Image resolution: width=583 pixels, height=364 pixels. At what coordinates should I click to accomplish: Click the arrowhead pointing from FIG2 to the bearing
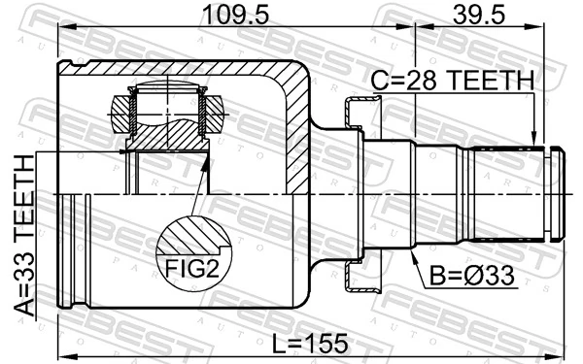(205, 162)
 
